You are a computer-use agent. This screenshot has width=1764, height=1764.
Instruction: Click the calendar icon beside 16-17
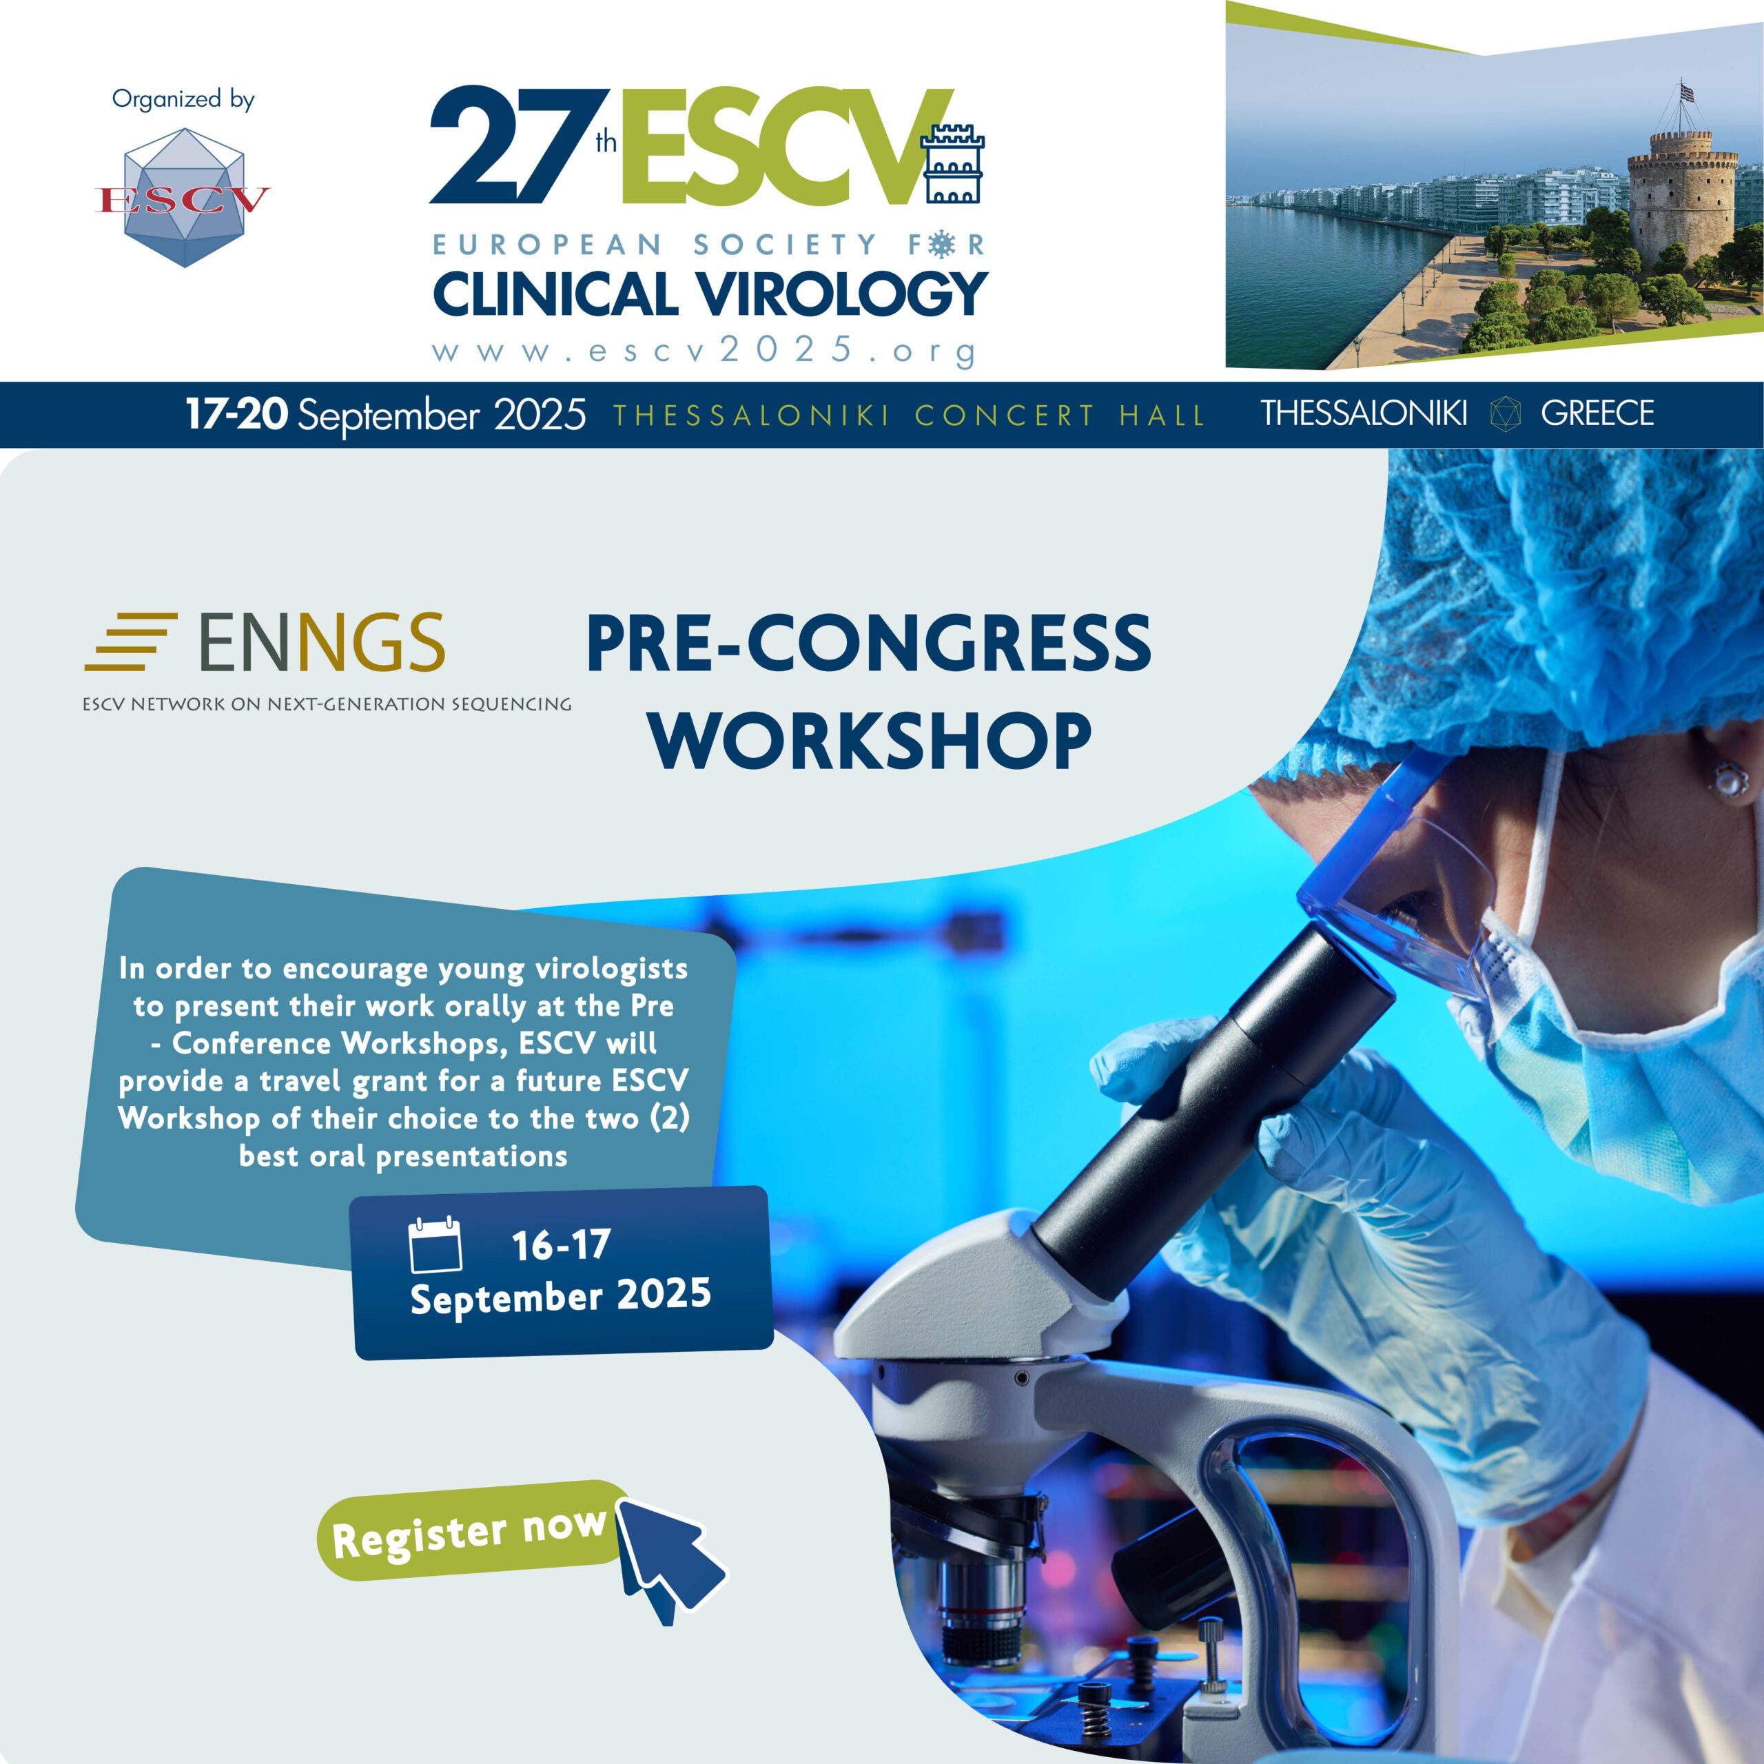pos(435,1244)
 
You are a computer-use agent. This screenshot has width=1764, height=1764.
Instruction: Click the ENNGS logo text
pos(321,643)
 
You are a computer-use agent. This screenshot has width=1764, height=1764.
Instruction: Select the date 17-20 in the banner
pos(236,413)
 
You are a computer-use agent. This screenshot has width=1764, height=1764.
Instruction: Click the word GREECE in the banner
pos(1597,413)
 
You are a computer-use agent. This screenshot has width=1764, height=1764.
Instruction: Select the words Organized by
pos(183,99)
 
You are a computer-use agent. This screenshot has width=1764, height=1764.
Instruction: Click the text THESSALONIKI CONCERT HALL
pos(908,416)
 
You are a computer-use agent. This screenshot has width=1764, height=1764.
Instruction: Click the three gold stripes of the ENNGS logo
pos(130,643)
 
